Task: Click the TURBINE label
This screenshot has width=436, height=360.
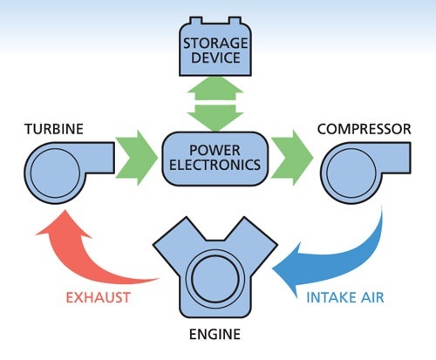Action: point(54,129)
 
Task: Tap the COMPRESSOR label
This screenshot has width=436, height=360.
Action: point(364,129)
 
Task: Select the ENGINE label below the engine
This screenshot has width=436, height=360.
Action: point(215,335)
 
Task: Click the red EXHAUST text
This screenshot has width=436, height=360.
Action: point(98,297)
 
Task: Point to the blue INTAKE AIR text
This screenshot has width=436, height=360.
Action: point(345,297)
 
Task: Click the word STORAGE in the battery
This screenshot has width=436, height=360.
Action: point(215,44)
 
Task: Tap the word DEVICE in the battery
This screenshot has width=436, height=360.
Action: point(215,58)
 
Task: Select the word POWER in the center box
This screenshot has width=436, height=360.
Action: point(215,151)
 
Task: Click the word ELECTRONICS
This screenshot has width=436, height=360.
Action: point(215,165)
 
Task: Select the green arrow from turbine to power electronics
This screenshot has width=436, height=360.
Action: point(137,158)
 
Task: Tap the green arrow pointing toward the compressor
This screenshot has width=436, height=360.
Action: point(292,158)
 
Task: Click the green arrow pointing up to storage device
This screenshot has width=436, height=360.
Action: point(215,88)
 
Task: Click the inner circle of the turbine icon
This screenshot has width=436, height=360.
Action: point(55,173)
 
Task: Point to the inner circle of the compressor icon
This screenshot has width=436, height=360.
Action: point(351,173)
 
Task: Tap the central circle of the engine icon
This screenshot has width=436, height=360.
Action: point(215,279)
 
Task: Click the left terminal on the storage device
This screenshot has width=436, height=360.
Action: point(196,21)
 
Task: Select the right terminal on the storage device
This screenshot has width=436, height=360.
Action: point(235,21)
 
